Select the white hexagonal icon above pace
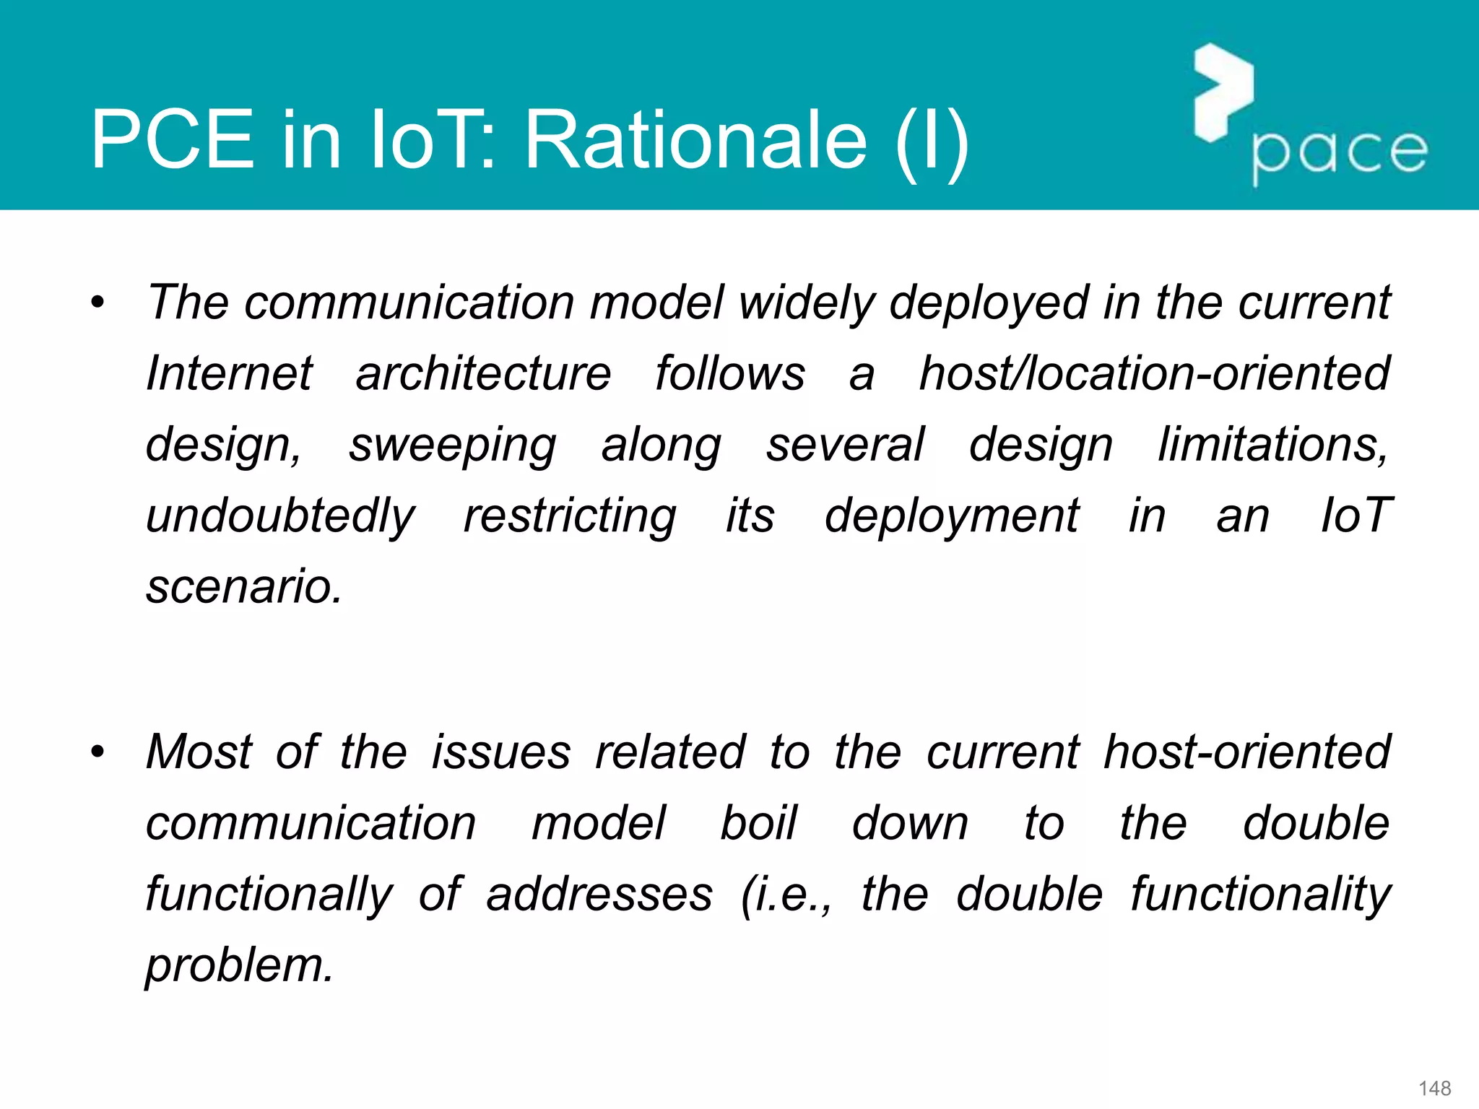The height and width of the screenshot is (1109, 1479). [1223, 92]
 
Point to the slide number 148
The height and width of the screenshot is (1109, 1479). [1434, 1088]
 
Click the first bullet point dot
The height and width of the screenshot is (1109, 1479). [97, 303]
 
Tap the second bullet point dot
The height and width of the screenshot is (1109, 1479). [97, 752]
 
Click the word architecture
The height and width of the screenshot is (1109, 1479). [483, 373]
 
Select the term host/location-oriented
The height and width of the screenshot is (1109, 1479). [1154, 373]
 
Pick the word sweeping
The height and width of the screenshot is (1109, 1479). [453, 445]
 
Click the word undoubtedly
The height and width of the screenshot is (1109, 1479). [280, 516]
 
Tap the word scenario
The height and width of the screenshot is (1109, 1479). [244, 586]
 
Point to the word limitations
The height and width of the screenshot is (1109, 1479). [1273, 444]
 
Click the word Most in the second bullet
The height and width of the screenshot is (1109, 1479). [199, 752]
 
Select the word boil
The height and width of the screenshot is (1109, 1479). [758, 823]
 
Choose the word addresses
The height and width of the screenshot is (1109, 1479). [599, 894]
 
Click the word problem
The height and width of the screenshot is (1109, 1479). [240, 966]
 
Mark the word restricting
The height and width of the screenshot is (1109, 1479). [570, 516]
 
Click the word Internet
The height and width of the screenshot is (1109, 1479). [229, 373]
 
